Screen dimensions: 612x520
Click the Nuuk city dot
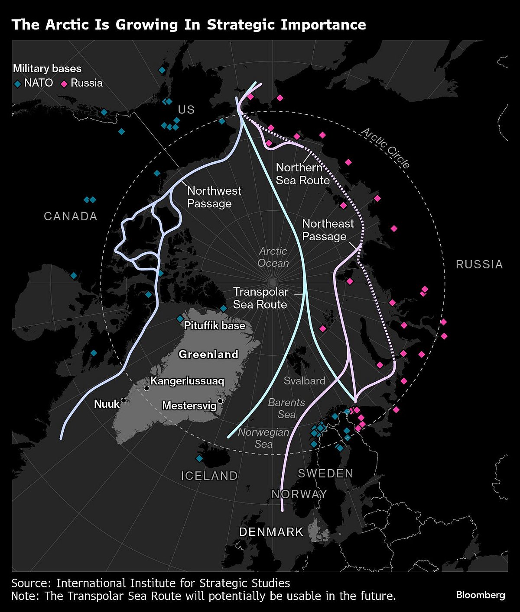click(123, 400)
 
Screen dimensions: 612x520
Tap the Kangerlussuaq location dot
click(146, 388)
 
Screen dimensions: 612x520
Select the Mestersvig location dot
click(220, 401)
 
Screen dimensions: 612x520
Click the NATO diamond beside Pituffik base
click(180, 319)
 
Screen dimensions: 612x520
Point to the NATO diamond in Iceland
click(199, 458)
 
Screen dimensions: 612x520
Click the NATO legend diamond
click(17, 84)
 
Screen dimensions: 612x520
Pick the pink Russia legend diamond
click(64, 84)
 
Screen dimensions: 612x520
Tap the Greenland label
click(208, 354)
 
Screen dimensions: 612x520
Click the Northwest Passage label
click(214, 197)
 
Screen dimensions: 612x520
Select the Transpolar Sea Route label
click(260, 298)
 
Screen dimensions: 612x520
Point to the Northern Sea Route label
click(302, 174)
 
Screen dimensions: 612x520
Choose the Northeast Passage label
click(328, 230)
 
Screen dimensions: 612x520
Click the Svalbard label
click(304, 381)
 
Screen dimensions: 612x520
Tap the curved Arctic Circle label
click(385, 148)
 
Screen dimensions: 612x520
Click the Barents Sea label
click(286, 408)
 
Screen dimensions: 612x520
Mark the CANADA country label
click(71, 216)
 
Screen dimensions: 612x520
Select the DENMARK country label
click(271, 532)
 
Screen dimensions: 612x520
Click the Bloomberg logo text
click(481, 595)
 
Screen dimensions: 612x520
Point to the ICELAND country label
click(209, 476)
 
